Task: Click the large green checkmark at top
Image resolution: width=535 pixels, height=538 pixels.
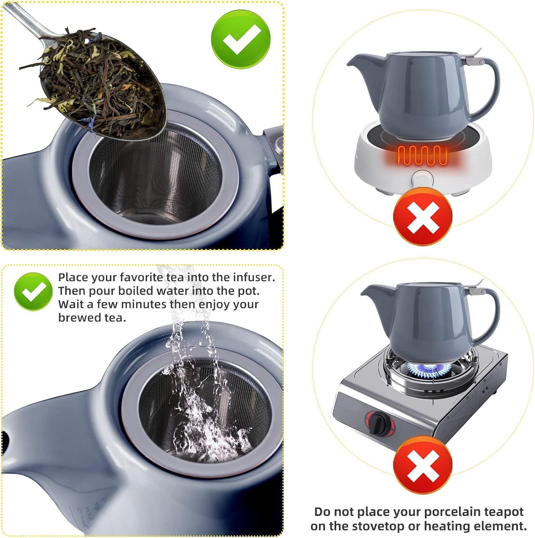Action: click(x=241, y=39)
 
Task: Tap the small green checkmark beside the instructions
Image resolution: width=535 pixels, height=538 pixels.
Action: click(x=33, y=291)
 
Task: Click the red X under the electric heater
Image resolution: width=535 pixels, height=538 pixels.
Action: click(x=423, y=218)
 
